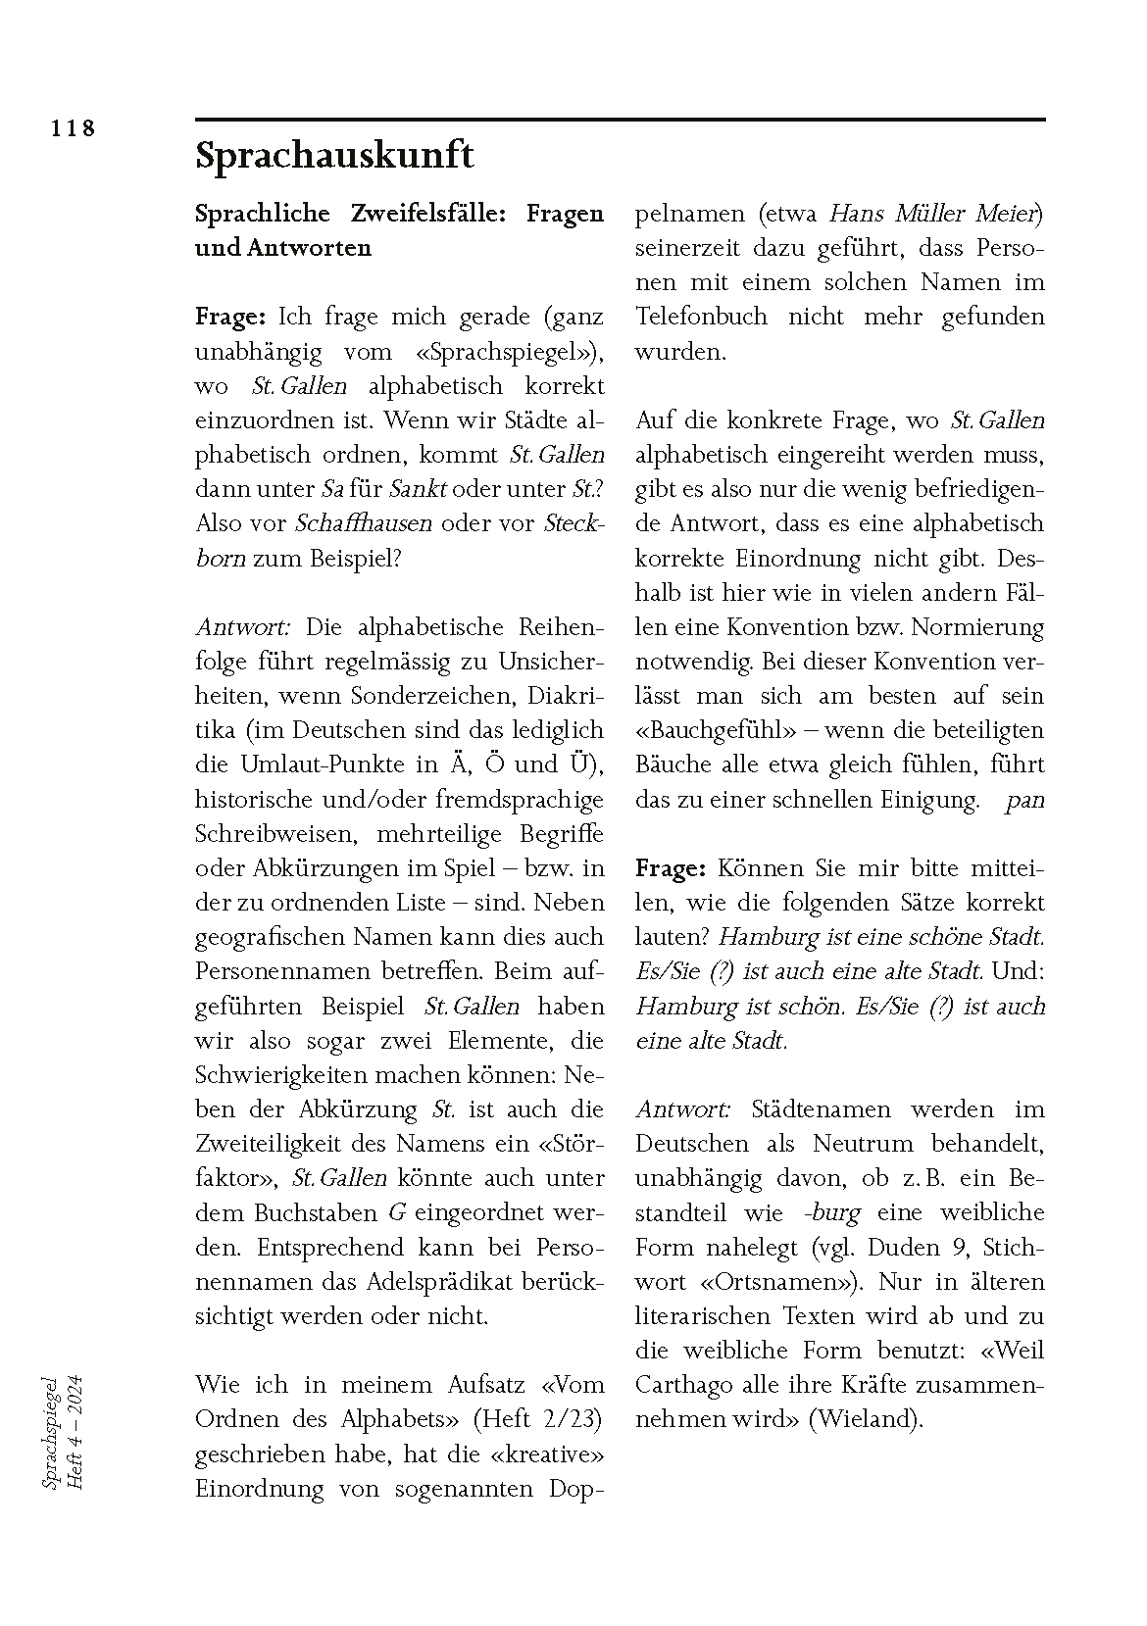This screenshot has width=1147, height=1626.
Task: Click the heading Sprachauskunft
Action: (x=334, y=155)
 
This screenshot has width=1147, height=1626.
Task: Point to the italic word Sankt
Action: (x=419, y=489)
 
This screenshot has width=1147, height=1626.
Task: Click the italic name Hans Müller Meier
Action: (x=934, y=213)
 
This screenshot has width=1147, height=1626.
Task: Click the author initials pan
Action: (x=1024, y=800)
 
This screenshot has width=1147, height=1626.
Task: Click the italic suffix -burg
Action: (x=831, y=1212)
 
